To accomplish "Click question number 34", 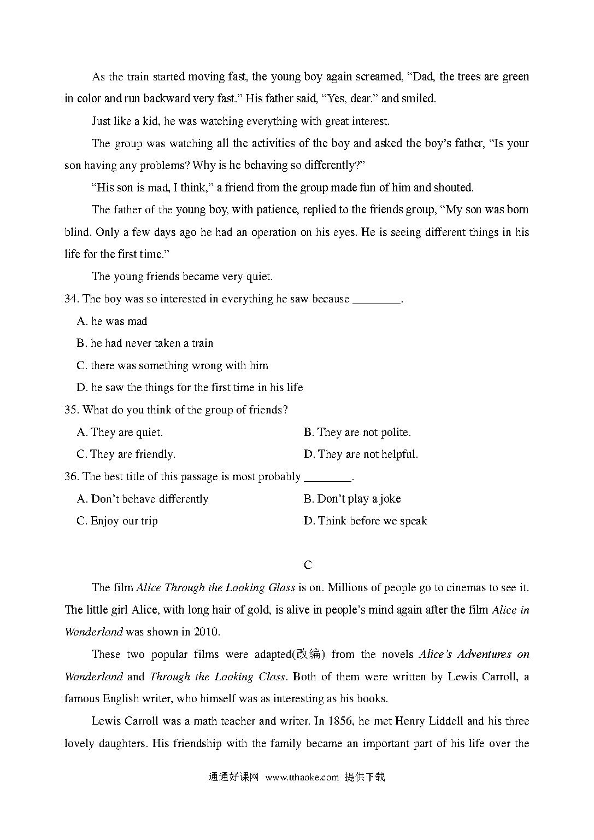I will point(72,299).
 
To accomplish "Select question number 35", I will point(72,410).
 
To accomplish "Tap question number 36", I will point(72,477).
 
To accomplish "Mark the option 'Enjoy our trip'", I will point(123,521).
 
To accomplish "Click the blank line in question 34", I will point(377,299).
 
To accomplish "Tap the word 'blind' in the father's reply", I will point(77,232).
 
